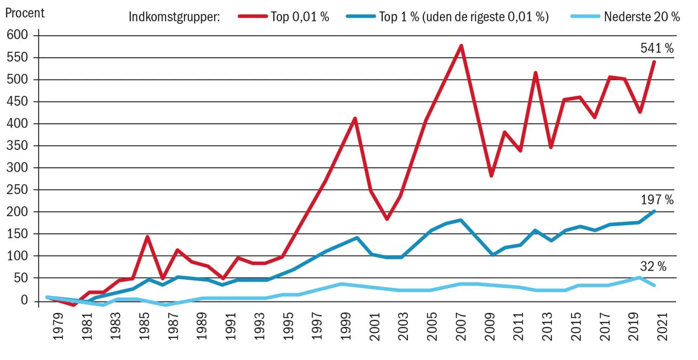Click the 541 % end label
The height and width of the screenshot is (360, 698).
click(656, 48)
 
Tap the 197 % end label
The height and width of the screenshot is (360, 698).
click(657, 200)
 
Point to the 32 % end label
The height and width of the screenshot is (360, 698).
click(653, 267)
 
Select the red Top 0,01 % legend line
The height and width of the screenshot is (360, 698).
click(253, 16)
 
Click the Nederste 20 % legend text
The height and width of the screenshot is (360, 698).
click(641, 17)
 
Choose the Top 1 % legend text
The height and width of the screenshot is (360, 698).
click(464, 17)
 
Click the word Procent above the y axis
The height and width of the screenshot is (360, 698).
click(25, 13)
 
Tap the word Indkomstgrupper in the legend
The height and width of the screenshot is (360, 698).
click(174, 17)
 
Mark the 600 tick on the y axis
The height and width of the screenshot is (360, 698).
click(17, 35)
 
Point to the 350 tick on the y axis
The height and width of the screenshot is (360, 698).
click(17, 145)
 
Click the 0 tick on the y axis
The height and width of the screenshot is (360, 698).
click(24, 300)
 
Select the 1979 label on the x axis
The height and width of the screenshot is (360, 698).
click(58, 326)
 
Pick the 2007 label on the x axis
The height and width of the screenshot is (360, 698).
click(461, 326)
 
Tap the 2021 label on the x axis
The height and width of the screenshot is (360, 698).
click(662, 326)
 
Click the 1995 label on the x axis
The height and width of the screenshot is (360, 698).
click(288, 326)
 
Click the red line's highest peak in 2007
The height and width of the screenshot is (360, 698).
click(461, 46)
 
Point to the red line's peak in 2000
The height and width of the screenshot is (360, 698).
click(355, 119)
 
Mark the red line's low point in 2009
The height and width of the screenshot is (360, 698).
click(491, 176)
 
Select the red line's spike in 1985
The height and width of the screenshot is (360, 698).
click(148, 237)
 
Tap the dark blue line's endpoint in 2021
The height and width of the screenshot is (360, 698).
click(654, 211)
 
